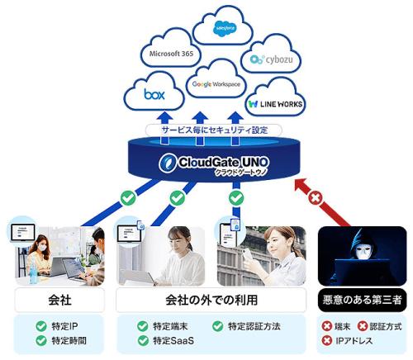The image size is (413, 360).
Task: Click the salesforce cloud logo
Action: tap(225, 29)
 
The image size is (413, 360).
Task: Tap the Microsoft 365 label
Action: tap(171, 54)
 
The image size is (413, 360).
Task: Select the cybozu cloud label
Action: tap(271, 59)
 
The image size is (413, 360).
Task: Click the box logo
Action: tap(154, 95)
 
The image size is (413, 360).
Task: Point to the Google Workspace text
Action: tap(216, 84)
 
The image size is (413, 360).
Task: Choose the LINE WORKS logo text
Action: tap(275, 104)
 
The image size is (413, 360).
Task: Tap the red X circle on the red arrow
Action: tap(316, 197)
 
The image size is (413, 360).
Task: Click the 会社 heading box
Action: tap(59, 300)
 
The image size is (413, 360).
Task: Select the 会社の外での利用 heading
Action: tap(211, 300)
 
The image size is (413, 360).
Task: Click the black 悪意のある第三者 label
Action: tap(362, 300)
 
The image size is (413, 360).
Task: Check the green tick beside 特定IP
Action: tap(41, 326)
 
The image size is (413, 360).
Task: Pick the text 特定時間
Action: tap(69, 341)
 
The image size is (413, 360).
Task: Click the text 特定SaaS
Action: tap(173, 341)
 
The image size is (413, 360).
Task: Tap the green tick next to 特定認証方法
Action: tap(217, 326)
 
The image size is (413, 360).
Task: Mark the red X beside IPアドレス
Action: tap(327, 341)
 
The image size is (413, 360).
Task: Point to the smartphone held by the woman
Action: tap(247, 254)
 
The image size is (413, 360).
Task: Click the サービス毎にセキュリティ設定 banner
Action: tap(214, 130)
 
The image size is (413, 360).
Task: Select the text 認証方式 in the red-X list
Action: tap(386, 326)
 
